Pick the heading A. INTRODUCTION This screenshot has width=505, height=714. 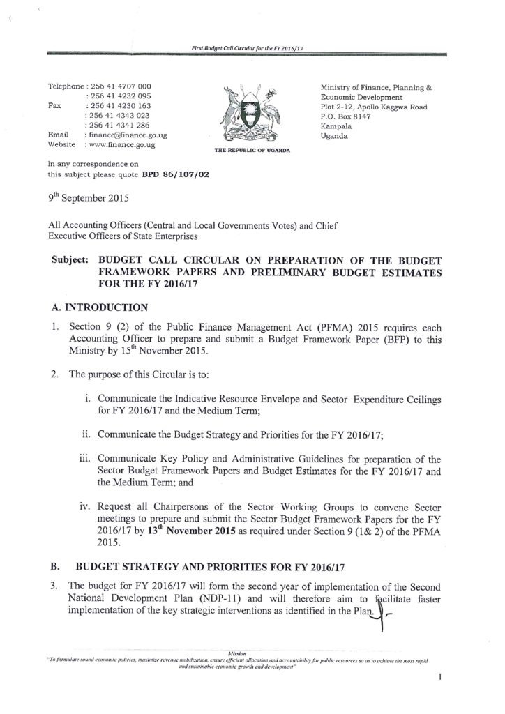coord(100,307)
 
